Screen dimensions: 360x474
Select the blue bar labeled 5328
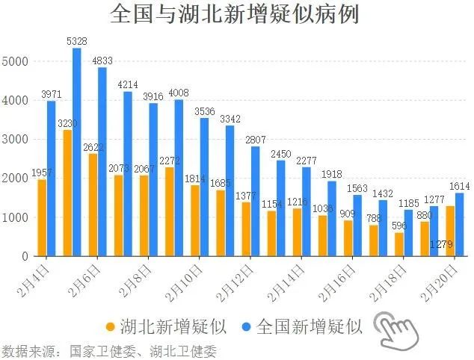(76, 153)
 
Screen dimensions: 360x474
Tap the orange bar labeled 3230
(67, 193)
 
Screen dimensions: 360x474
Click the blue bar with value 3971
(51, 179)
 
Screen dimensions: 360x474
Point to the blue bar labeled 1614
(458, 224)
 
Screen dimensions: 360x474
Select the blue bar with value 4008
(179, 178)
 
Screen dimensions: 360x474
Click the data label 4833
(102, 61)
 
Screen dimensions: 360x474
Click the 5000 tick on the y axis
(15, 61)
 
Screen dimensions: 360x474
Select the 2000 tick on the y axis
(15, 179)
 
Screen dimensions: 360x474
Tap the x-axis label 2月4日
(37, 277)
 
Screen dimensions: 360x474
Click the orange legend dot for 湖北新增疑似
(111, 326)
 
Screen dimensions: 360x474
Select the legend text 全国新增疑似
(309, 326)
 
